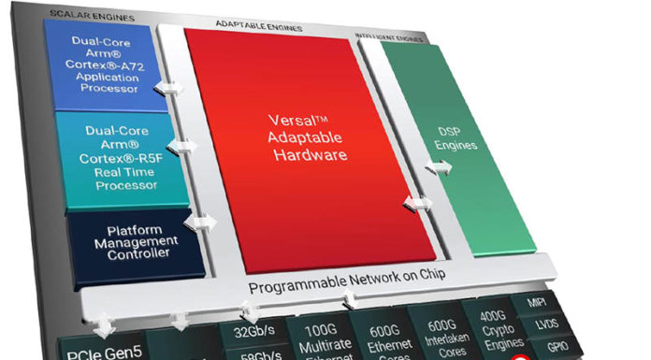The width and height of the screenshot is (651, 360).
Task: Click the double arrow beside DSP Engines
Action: (437, 167)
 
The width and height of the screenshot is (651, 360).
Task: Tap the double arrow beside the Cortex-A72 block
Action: (170, 87)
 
